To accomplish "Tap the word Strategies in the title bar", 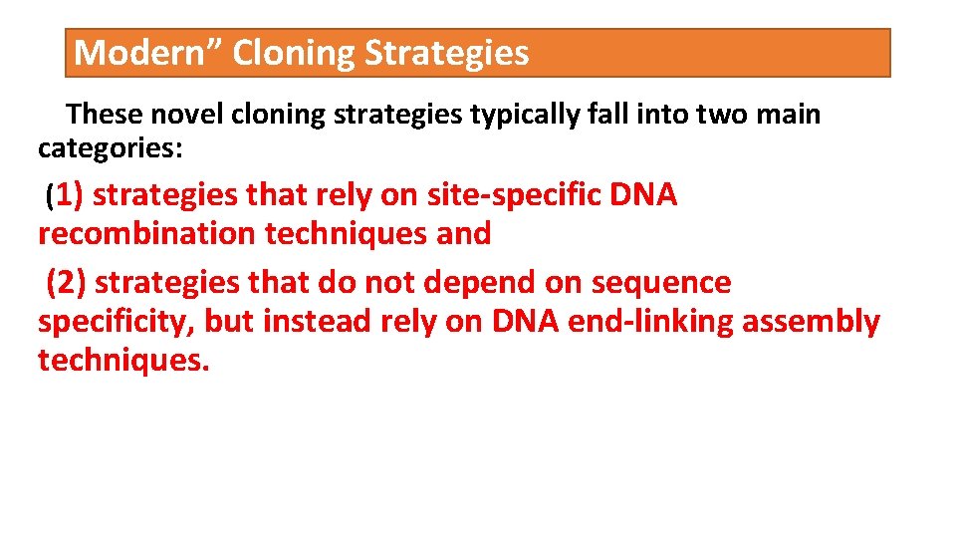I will pyautogui.click(x=446, y=53).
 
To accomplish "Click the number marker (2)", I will pyautogui.click(x=67, y=283).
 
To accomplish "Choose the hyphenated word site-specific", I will pyautogui.click(x=512, y=195).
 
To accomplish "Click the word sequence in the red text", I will pyautogui.click(x=661, y=284).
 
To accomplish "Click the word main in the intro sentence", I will pyautogui.click(x=788, y=115).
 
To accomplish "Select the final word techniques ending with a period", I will pyautogui.click(x=123, y=361).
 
